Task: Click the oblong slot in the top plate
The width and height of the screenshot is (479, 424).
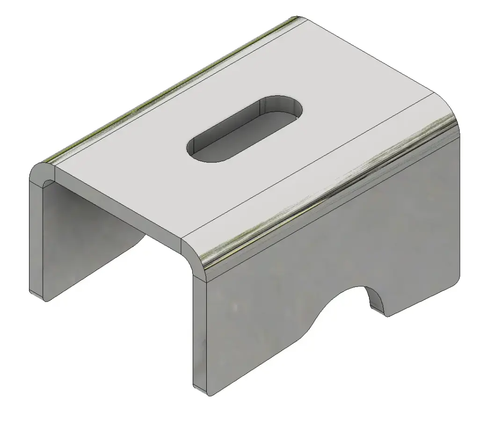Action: click(244, 129)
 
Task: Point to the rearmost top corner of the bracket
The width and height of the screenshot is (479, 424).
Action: click(299, 18)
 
